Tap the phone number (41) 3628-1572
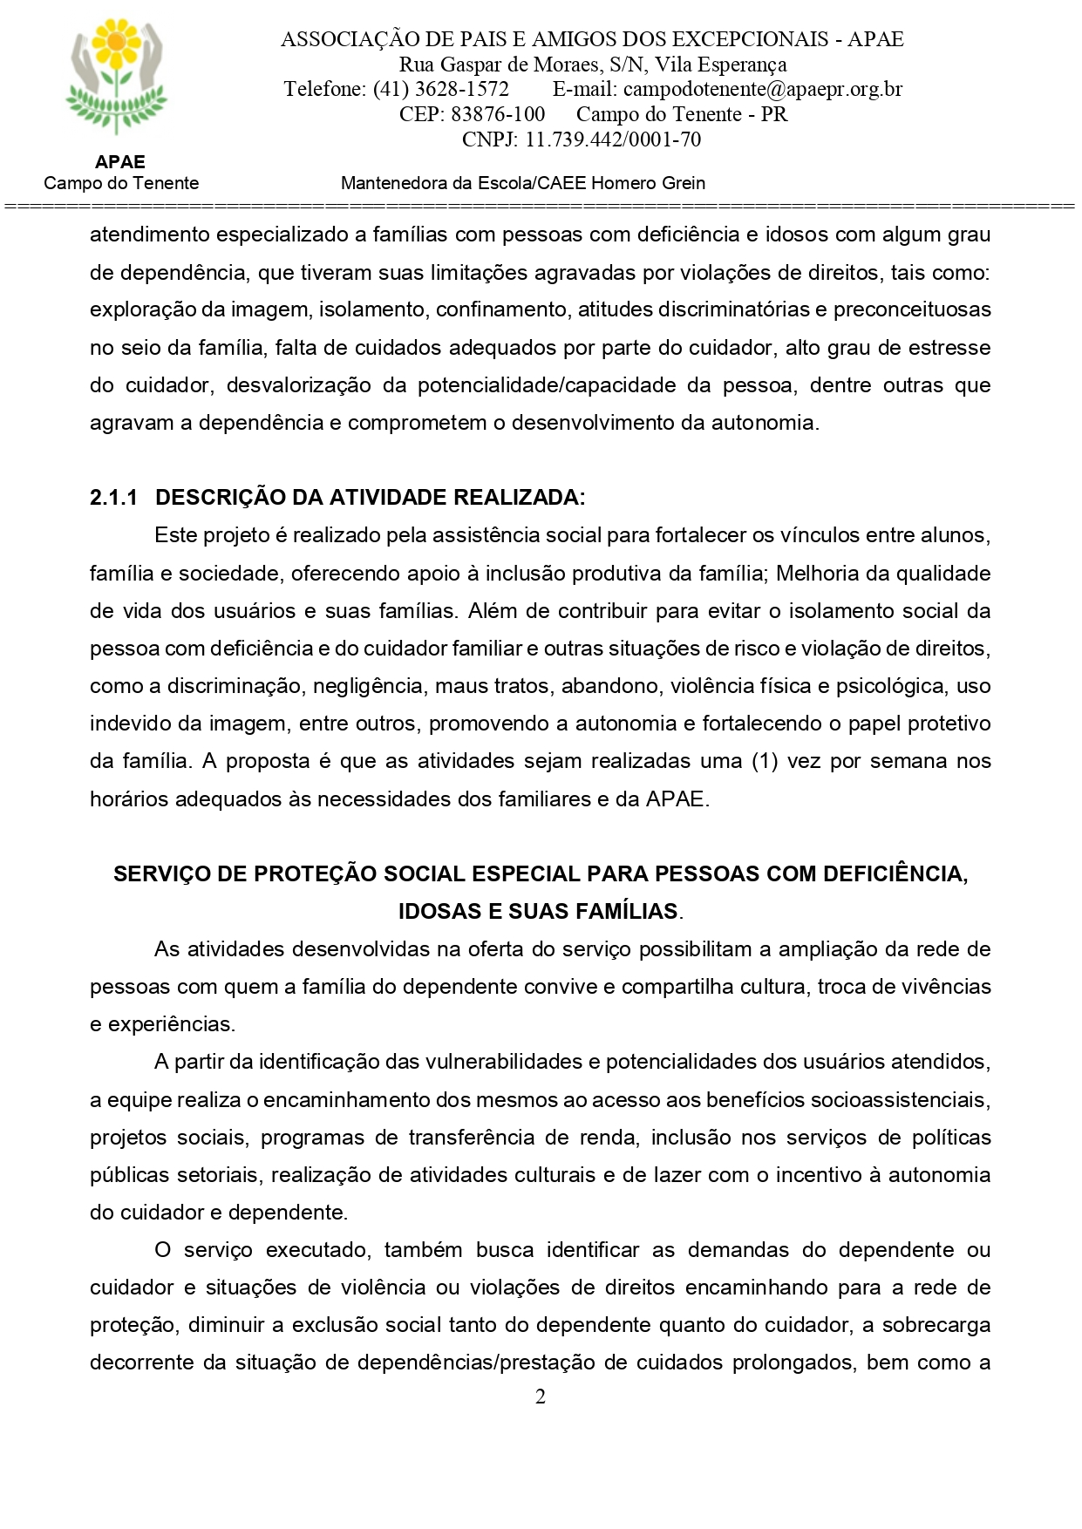coord(440,89)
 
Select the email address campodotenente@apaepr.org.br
coord(763,89)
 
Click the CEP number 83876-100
coord(498,114)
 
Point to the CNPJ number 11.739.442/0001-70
coord(613,139)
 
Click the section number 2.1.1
coord(113,498)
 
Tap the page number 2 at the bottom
coord(541,1397)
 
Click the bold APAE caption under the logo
coord(120,162)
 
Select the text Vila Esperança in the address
coord(720,65)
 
